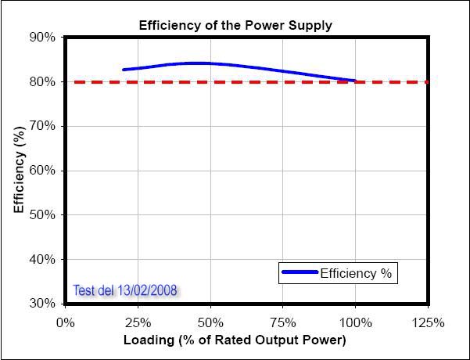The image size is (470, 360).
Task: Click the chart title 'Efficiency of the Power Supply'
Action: point(235,25)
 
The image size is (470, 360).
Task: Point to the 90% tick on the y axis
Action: point(43,38)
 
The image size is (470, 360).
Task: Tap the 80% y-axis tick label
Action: point(43,82)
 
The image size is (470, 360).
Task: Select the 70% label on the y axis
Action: point(43,126)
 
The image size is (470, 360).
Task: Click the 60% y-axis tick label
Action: point(43,171)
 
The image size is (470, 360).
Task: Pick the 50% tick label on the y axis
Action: point(43,215)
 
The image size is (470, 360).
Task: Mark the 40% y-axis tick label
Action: point(43,259)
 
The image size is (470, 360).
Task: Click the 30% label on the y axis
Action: point(43,304)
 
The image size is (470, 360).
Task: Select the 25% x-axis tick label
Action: point(138,322)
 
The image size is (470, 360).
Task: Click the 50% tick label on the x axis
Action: point(210,322)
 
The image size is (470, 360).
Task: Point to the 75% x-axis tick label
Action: point(283,322)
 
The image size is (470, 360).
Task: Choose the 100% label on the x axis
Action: point(355,322)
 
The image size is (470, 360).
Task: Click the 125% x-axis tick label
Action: point(428,322)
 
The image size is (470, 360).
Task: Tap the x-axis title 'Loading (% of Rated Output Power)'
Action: point(235,340)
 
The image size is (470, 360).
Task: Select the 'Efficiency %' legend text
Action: point(358,273)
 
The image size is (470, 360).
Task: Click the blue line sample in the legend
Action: point(300,272)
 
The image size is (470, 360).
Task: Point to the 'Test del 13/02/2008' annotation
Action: point(125,290)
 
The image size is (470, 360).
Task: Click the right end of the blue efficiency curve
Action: point(355,81)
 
